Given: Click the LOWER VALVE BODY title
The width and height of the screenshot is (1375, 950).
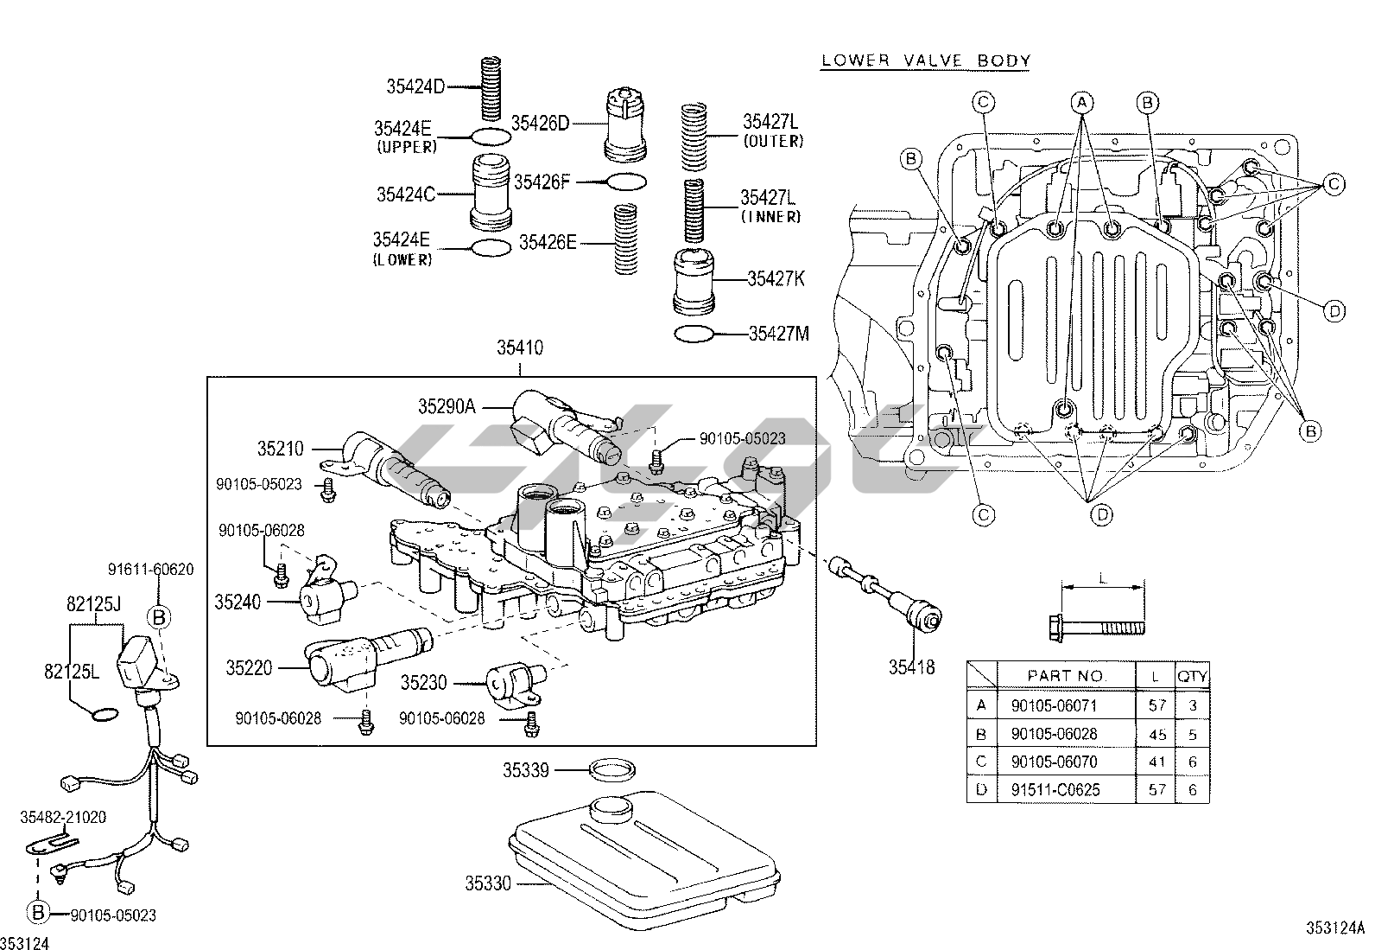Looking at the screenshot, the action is click(926, 61).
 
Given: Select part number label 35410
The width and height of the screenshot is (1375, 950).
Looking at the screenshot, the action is click(520, 347).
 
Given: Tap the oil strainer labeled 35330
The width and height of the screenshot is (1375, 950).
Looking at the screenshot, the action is click(644, 860).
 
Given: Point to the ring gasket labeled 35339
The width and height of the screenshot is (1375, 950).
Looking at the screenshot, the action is click(612, 769).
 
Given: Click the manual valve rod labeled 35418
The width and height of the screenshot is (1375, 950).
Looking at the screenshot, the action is click(884, 592).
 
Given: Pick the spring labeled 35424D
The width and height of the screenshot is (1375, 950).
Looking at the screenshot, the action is click(491, 88).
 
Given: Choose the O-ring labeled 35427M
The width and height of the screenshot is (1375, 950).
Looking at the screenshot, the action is click(694, 335).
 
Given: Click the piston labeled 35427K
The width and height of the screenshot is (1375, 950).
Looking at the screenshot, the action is click(694, 282).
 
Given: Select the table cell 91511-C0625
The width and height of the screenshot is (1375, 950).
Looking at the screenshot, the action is click(1055, 789).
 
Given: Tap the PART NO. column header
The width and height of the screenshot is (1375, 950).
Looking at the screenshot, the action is click(1067, 676).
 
